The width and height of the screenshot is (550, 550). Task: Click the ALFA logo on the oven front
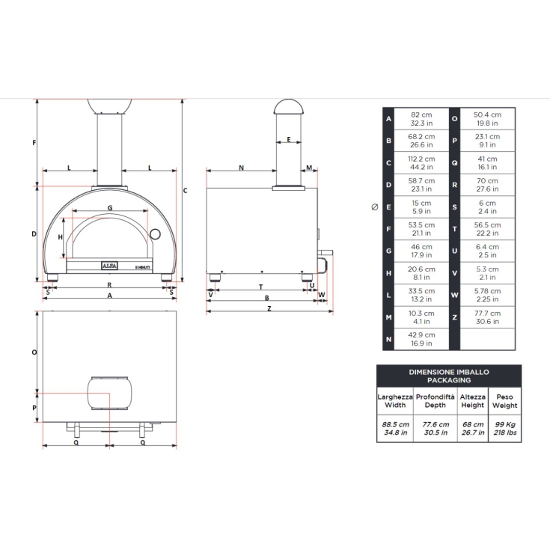[109, 266]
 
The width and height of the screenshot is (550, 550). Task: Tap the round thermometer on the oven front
[155, 233]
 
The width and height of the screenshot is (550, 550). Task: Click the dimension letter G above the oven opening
[109, 207]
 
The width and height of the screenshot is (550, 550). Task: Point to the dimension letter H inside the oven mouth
[61, 237]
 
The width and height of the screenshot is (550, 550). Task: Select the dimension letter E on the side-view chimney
[289, 140]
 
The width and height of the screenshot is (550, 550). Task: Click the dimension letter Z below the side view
[269, 308]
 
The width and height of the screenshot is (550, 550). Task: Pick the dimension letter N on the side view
[241, 168]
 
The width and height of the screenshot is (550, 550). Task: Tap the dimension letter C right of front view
[185, 190]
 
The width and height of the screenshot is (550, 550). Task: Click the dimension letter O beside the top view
[34, 352]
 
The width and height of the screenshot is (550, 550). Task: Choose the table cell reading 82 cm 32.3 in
[421, 118]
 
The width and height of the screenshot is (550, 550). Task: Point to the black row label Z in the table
[454, 317]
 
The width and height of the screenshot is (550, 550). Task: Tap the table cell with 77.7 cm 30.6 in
[486, 317]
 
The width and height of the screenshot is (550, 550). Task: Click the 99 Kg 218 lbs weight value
[505, 428]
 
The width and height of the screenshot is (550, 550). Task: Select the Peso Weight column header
[505, 401]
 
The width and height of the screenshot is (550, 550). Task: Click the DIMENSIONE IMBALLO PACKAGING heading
[449, 375]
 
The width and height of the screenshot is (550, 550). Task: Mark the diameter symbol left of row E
[375, 207]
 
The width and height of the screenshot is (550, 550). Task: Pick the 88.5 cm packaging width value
[394, 428]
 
